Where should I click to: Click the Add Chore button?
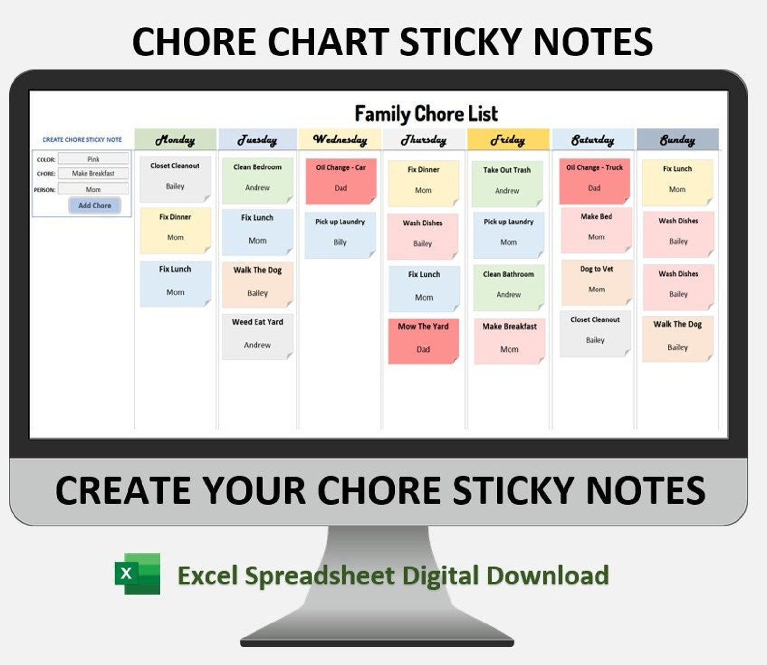tap(94, 206)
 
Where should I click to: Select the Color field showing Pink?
tap(93, 159)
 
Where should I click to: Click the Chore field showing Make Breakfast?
tap(93, 173)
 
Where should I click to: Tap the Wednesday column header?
tap(340, 139)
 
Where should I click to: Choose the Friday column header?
tap(508, 139)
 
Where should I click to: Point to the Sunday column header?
tap(677, 139)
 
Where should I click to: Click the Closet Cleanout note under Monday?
tap(175, 179)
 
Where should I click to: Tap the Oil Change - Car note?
tap(341, 180)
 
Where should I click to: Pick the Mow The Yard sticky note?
tap(423, 340)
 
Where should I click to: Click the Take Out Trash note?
tap(507, 183)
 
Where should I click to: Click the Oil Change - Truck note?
tap(595, 180)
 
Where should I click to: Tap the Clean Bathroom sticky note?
tap(509, 287)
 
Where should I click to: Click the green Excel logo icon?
tap(138, 573)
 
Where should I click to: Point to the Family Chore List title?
tap(426, 114)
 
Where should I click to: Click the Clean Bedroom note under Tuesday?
tap(257, 180)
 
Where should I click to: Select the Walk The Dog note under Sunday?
tap(678, 338)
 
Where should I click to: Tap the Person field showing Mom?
tap(93, 189)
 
